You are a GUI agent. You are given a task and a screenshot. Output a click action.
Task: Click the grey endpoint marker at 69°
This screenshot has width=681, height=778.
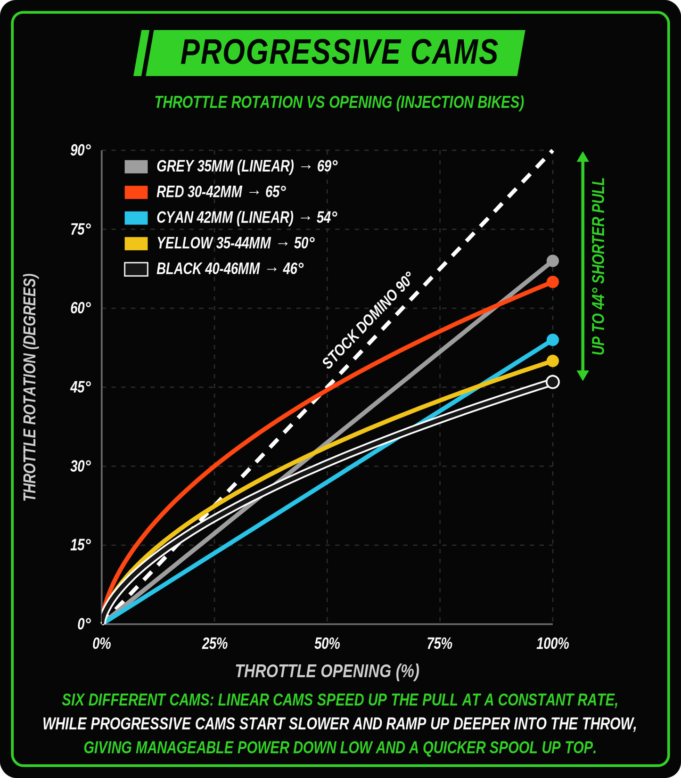coord(552,261)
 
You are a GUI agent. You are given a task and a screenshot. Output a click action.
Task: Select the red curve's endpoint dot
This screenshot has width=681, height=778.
coord(552,282)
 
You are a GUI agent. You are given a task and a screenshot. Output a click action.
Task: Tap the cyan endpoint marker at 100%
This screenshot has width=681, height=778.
coord(552,340)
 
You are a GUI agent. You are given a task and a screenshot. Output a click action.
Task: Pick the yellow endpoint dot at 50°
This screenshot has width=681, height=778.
coord(552,361)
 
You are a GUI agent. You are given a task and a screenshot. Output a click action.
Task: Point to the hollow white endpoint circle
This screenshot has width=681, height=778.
coord(552,382)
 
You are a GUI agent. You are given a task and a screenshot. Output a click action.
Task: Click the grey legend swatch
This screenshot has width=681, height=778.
coord(136,166)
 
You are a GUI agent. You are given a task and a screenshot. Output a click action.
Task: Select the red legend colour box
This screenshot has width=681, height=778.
coord(136,192)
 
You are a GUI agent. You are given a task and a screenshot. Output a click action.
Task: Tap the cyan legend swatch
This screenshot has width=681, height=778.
coord(136,217)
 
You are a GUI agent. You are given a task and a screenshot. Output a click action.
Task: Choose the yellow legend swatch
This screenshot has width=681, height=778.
coord(136,243)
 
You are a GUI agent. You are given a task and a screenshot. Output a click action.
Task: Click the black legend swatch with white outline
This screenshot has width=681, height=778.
coord(136,269)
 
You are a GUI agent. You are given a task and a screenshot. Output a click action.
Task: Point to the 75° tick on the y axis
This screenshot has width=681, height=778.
coord(81,229)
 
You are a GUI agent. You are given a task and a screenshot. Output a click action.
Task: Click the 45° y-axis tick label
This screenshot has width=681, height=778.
coord(81,387)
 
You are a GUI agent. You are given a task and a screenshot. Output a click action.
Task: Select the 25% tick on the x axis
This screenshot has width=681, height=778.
coord(214,644)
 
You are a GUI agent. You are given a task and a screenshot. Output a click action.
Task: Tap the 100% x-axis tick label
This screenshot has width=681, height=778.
coord(552,644)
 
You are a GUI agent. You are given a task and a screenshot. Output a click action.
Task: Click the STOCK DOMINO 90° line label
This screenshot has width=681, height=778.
coord(367,320)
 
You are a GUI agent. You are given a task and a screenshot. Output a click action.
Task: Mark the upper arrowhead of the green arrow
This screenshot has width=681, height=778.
coord(583,157)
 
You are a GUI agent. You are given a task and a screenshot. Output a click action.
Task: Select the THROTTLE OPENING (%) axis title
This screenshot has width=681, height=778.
coord(327,671)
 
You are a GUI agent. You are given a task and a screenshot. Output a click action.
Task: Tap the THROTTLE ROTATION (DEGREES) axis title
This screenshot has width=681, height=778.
coord(30,387)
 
